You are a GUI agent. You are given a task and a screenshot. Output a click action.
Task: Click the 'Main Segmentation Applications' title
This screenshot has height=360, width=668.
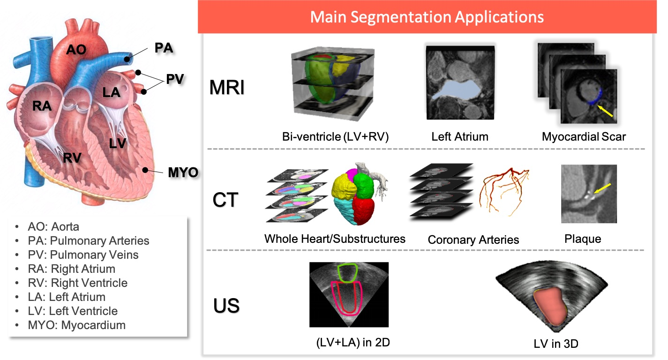pyautogui.click(x=427, y=17)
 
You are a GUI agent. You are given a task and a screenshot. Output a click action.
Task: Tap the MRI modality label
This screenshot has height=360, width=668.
pyautogui.click(x=227, y=88)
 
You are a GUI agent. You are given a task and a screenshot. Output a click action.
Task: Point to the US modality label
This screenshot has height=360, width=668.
pyautogui.click(x=226, y=305)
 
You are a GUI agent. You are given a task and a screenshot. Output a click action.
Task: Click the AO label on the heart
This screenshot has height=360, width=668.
pyautogui.click(x=76, y=49)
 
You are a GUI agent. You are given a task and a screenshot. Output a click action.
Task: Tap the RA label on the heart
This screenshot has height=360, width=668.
pyautogui.click(x=42, y=107)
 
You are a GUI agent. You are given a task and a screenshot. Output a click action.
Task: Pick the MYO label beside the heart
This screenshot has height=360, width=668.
pyautogui.click(x=183, y=173)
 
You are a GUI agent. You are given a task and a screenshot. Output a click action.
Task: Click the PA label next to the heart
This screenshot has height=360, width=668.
pyautogui.click(x=164, y=48)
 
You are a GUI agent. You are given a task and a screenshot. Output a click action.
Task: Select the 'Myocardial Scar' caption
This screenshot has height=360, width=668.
pyautogui.click(x=584, y=137)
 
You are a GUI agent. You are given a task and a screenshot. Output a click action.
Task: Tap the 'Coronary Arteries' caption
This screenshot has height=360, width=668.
pyautogui.click(x=473, y=240)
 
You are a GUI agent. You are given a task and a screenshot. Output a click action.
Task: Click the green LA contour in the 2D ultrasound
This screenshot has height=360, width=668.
pyautogui.click(x=348, y=273)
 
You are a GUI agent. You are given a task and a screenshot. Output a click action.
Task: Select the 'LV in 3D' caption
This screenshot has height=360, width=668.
pyautogui.click(x=556, y=344)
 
